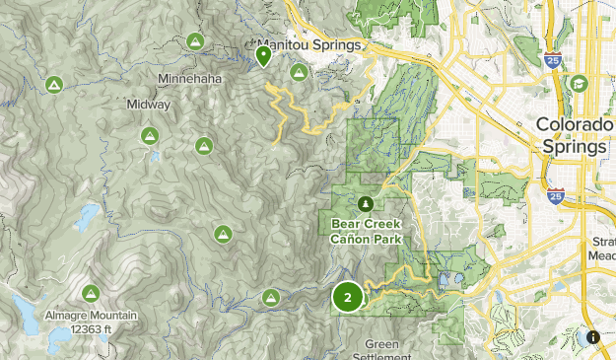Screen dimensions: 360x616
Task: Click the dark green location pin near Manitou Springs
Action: click(263, 56)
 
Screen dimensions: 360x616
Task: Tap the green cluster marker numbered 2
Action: click(347, 296)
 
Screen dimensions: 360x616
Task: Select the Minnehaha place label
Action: click(189, 79)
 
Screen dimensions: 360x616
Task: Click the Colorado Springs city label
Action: click(571, 135)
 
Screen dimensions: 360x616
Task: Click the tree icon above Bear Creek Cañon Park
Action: click(366, 204)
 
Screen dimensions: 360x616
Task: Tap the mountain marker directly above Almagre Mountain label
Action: click(92, 293)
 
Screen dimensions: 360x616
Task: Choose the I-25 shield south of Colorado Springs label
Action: click(556, 195)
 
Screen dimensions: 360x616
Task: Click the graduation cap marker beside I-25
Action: click(579, 84)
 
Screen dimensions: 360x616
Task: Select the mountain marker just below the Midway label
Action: click(150, 135)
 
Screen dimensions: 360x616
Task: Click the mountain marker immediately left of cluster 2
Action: click(271, 295)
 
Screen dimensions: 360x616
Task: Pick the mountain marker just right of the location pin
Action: click(299, 72)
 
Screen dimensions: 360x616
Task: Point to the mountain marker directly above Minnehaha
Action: click(195, 42)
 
